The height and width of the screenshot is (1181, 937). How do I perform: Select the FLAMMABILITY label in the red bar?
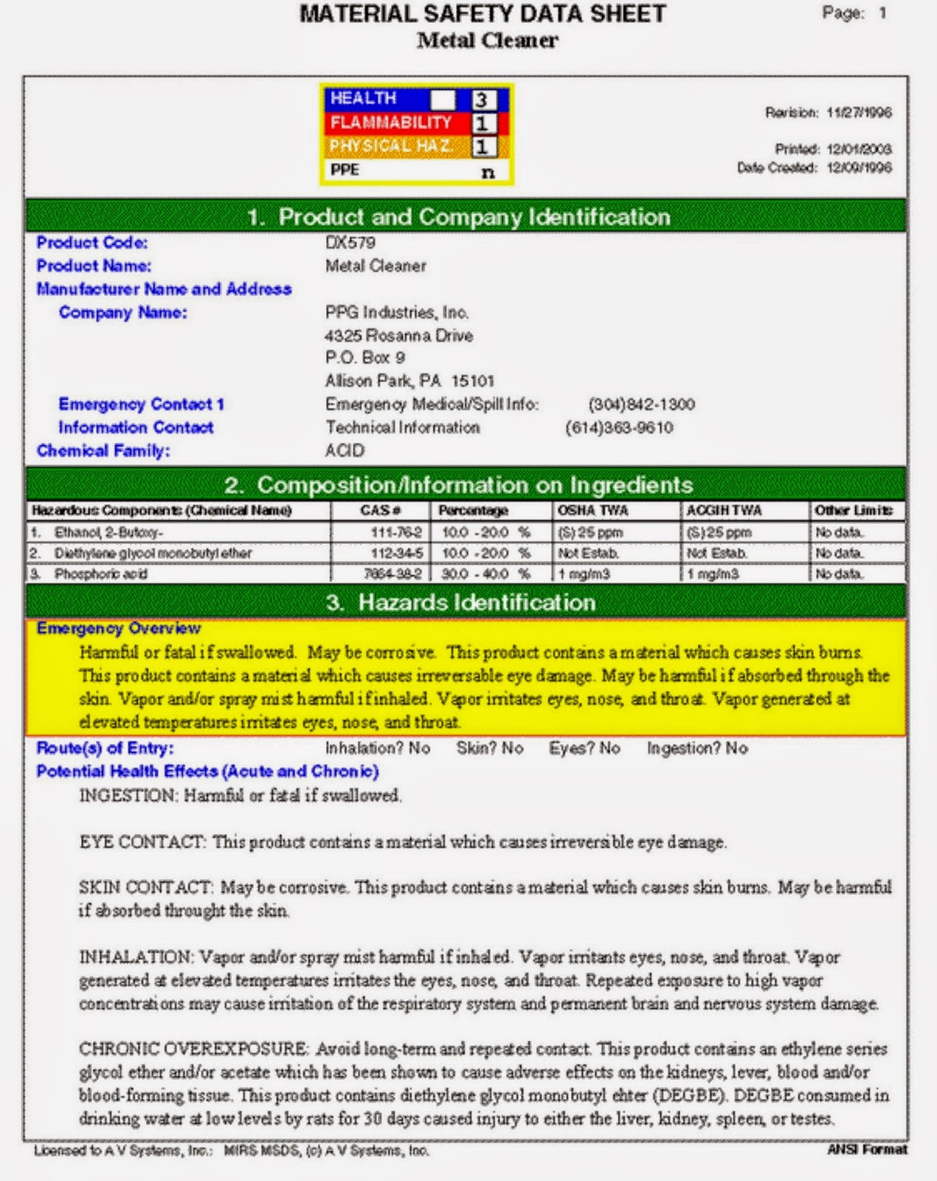tap(390, 123)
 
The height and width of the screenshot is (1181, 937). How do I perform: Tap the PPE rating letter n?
tap(488, 172)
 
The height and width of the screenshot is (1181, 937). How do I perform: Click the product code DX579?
tap(350, 242)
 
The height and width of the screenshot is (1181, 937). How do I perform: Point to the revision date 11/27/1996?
tap(859, 112)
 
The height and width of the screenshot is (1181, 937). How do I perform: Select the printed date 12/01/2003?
tap(859, 149)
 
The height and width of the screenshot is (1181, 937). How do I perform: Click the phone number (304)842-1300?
tap(641, 404)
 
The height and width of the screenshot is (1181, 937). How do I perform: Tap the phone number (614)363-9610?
tap(619, 427)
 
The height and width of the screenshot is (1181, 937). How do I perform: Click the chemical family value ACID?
tap(345, 450)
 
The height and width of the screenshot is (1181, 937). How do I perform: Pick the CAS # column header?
tap(380, 510)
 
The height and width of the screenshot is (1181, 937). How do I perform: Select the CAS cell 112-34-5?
tap(396, 553)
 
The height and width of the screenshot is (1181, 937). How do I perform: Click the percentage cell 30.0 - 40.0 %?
tap(485, 574)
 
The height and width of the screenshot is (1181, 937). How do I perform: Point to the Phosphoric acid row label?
tap(100, 574)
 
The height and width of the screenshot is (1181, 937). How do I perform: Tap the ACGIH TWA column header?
tap(723, 510)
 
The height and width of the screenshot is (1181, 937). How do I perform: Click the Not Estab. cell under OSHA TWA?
tap(588, 553)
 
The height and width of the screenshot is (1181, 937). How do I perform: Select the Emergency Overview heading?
tap(118, 628)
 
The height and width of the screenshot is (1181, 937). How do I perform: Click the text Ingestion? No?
tap(697, 748)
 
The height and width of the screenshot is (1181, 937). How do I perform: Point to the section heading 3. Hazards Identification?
tap(461, 602)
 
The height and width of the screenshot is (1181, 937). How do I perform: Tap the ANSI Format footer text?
tap(867, 1149)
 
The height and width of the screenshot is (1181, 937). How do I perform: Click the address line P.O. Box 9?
tap(365, 357)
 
